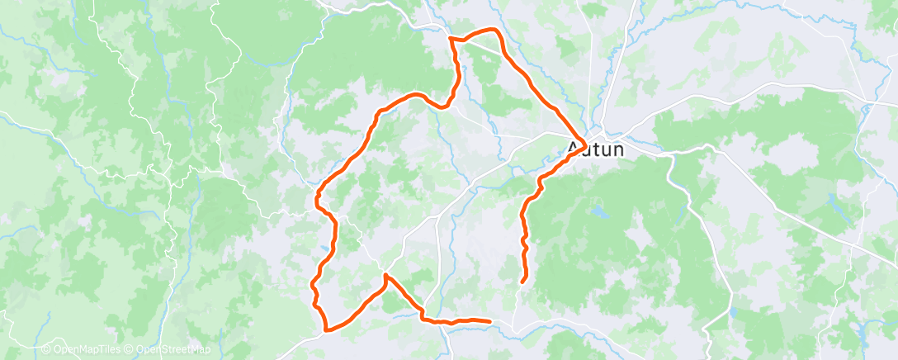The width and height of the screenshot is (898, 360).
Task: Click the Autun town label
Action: click(595, 150)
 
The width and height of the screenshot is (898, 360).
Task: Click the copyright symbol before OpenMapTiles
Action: click(46, 350)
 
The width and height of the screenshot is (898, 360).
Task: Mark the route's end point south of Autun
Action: click(522, 282)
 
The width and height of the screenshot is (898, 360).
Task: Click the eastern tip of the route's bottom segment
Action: click(490, 320)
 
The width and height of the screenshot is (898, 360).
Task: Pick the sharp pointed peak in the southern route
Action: click(385, 274)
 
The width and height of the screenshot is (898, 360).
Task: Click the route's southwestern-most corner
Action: click(328, 330)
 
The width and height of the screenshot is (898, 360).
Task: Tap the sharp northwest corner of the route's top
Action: click(449, 38)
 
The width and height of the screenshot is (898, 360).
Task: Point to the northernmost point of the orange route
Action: click(492, 30)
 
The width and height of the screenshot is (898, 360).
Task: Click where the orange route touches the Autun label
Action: click(584, 144)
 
